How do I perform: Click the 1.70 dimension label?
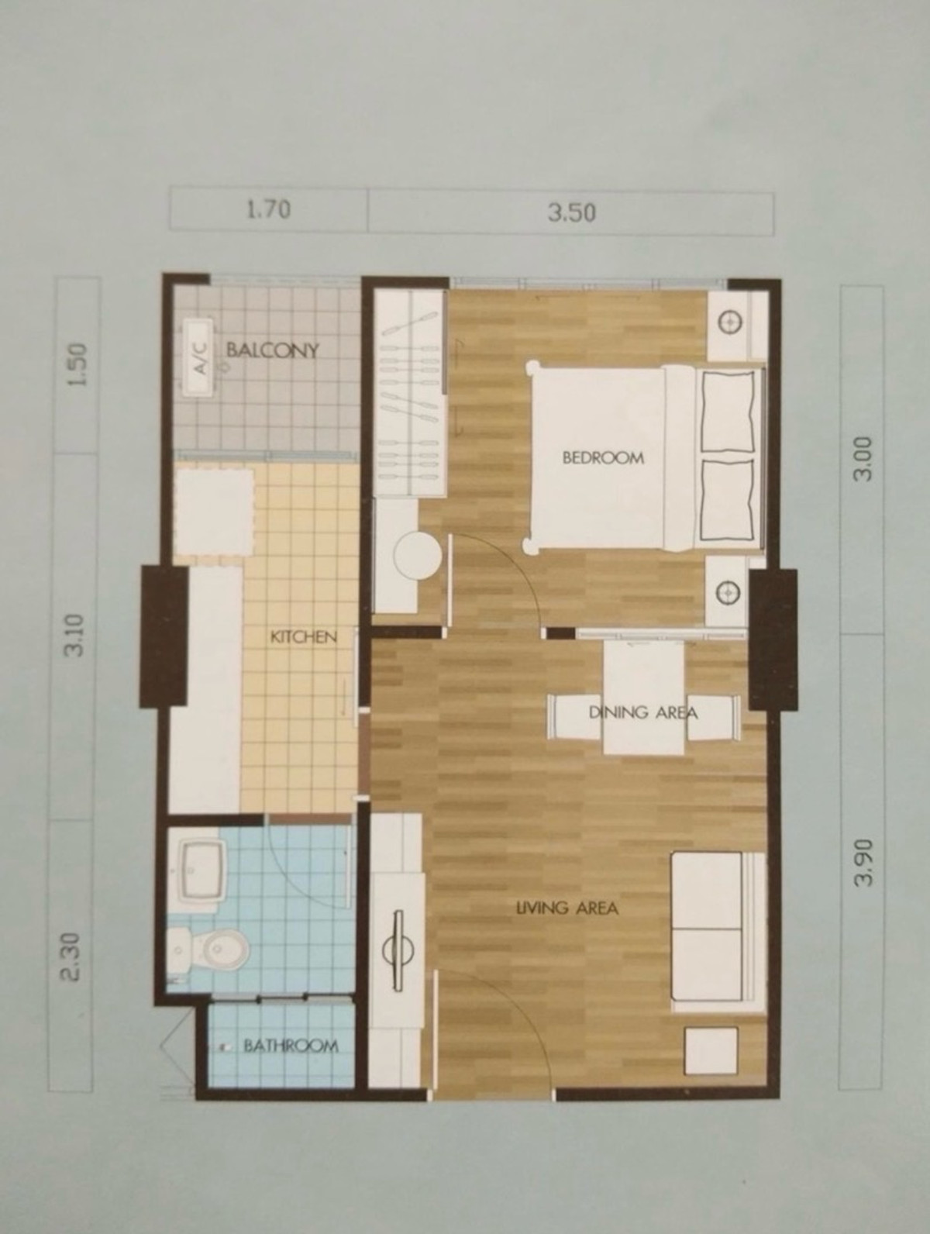coord(269,210)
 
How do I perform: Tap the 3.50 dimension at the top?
coord(571,213)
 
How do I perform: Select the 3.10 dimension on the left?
coord(75,636)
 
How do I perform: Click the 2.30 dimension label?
coord(74,956)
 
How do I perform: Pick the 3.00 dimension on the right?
coord(862,458)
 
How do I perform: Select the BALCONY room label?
coord(273,350)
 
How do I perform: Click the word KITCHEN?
coord(304,637)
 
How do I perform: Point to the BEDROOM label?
coord(603,458)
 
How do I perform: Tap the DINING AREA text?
coord(642,713)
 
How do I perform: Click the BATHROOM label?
coord(291,1046)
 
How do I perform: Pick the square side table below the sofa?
coord(711,1050)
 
